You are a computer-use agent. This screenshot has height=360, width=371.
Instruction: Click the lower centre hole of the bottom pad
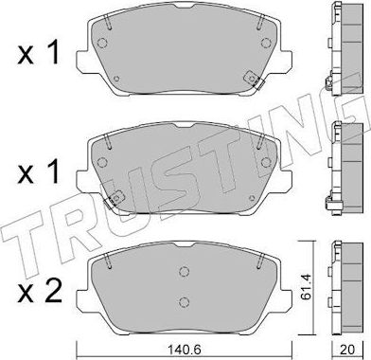[183, 301]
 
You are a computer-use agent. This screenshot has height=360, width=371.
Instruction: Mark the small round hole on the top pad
[115, 79]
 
